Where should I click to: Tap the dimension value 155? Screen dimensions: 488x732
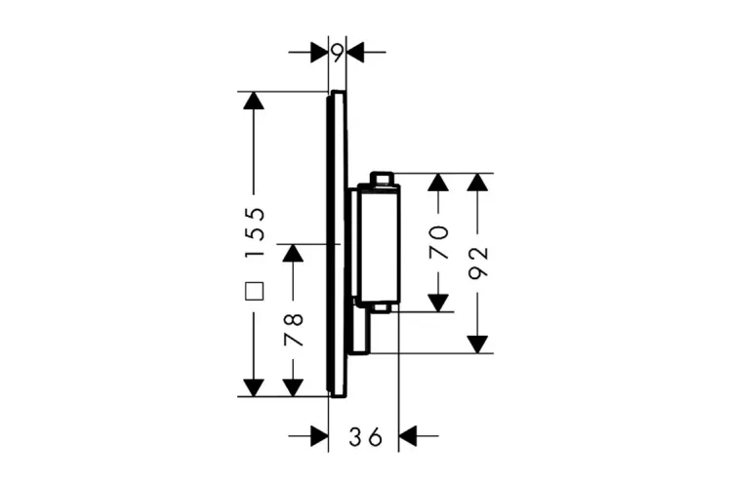255,232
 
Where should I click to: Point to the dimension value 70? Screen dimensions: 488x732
440,242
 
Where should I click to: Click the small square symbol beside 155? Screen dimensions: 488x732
255,289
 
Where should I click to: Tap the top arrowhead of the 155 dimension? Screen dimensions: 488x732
254,102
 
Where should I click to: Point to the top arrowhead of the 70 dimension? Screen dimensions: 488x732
440,183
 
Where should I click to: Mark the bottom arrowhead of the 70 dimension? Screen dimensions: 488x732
440,301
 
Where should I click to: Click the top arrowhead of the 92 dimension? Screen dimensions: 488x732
477,183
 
